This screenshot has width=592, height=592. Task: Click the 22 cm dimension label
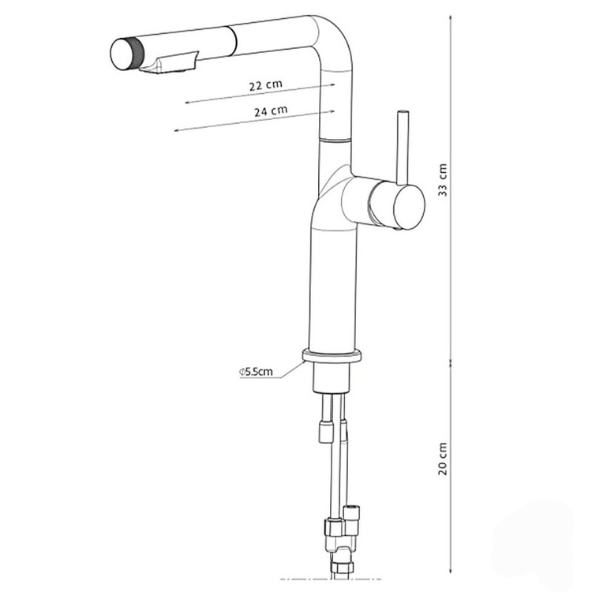tap(265, 85)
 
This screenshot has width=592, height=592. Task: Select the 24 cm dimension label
tap(271, 111)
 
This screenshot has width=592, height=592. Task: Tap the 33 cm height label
tap(443, 180)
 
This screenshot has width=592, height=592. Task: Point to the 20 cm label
tap(443, 459)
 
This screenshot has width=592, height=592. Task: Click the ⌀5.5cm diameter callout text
tap(256, 372)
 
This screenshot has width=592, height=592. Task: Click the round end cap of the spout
tap(121, 54)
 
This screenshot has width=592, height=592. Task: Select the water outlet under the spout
tap(168, 64)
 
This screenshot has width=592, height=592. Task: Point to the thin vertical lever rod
tap(403, 148)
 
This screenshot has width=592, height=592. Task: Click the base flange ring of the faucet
tap(332, 357)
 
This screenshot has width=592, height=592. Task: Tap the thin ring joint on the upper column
tap(335, 140)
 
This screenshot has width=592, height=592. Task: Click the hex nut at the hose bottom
tap(342, 567)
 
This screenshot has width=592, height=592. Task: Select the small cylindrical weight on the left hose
tap(326, 431)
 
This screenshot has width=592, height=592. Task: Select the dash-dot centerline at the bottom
tap(331, 579)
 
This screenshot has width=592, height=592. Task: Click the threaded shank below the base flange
tap(332, 377)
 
